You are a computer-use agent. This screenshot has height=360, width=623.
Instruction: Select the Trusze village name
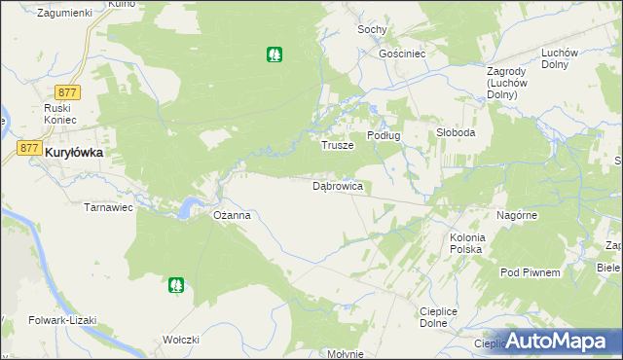coord(337,145)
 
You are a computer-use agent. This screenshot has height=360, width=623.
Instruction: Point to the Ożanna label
coord(233,215)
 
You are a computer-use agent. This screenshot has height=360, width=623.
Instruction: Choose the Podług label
coord(384,135)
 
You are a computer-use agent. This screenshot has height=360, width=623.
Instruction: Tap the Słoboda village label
coord(455,133)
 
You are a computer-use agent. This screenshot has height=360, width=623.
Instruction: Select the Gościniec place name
coord(403,54)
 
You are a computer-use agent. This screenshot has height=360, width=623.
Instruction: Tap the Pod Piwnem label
coord(530,273)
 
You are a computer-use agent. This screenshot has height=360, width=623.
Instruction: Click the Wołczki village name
coord(182,340)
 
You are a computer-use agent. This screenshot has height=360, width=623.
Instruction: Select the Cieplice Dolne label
coord(439,317)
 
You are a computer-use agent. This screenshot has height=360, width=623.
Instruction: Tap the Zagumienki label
coord(63,13)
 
